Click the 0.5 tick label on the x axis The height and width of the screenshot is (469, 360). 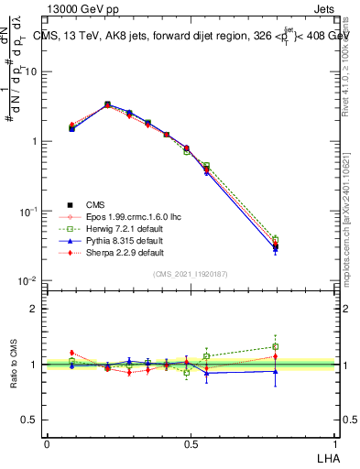(190, 442)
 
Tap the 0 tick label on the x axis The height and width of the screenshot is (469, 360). (47, 442)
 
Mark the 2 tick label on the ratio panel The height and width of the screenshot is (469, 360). (33, 309)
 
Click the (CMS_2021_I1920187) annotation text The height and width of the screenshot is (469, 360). (190, 274)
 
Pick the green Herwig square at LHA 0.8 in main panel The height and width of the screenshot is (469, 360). (276, 239)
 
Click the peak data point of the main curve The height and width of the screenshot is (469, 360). (108, 104)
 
